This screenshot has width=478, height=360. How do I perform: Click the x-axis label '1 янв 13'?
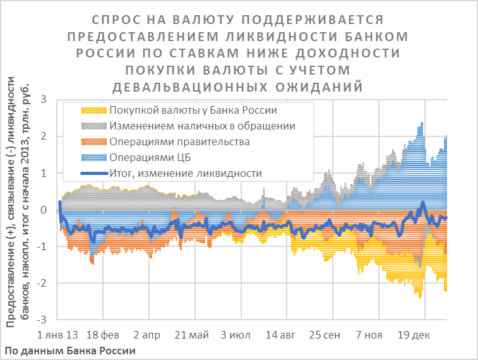click(x=58, y=335)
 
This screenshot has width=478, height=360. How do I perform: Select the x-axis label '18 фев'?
click(x=102, y=335)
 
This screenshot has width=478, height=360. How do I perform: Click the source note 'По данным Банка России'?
click(x=69, y=350)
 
